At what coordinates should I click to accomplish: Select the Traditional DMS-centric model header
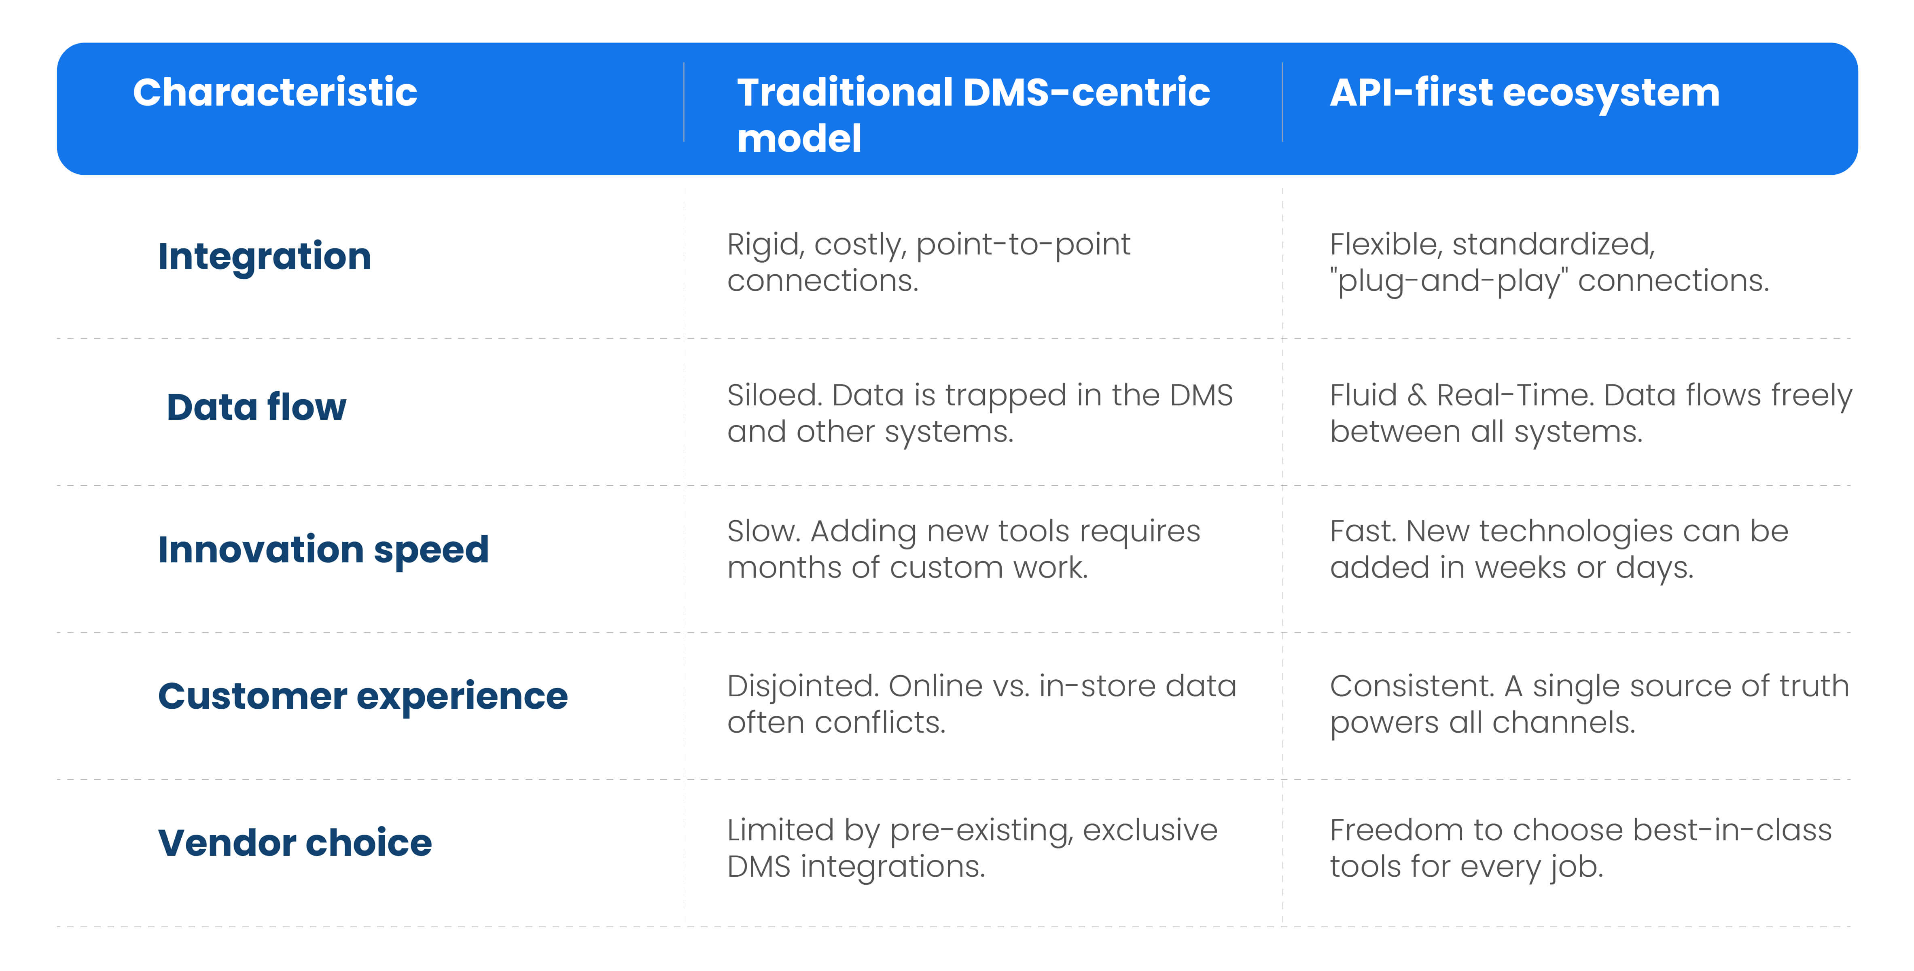click(973, 115)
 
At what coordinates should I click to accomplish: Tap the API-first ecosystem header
click(1525, 93)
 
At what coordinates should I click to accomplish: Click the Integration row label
click(265, 257)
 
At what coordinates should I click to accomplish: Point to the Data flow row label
click(256, 407)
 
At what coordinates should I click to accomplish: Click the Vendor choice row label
click(295, 842)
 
